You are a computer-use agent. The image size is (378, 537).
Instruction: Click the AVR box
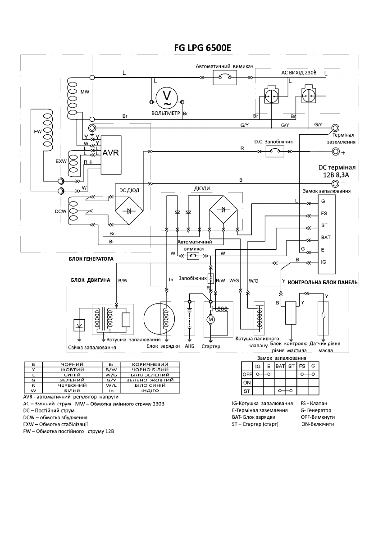click(110, 153)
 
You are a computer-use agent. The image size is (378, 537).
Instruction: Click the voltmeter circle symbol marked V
click(166, 97)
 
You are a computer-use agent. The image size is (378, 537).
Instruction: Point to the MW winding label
click(85, 92)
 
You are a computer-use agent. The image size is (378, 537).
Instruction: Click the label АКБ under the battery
click(189, 346)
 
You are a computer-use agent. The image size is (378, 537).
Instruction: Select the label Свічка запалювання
click(95, 348)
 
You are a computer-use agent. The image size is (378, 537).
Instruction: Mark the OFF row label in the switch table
click(247, 374)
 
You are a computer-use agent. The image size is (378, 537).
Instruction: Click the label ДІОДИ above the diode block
click(202, 188)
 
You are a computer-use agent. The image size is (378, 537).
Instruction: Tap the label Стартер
click(211, 346)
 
